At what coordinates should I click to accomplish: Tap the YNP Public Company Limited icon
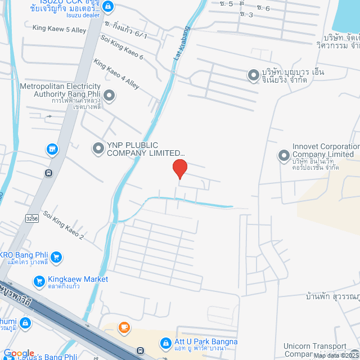(98, 148)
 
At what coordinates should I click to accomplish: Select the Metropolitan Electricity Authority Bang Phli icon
(109, 96)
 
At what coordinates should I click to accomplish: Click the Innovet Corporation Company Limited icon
(284, 155)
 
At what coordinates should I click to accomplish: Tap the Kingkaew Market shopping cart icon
(39, 280)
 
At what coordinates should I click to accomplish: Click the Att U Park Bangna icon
(165, 342)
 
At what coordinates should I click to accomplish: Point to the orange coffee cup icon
(123, 327)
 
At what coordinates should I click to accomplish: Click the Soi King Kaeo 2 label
(63, 225)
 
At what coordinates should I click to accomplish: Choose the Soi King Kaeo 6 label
(121, 47)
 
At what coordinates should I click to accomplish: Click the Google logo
(19, 353)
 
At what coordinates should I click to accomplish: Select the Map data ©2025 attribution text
(336, 355)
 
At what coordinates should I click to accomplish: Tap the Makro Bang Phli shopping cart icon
(56, 258)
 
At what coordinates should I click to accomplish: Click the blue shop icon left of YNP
(52, 149)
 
